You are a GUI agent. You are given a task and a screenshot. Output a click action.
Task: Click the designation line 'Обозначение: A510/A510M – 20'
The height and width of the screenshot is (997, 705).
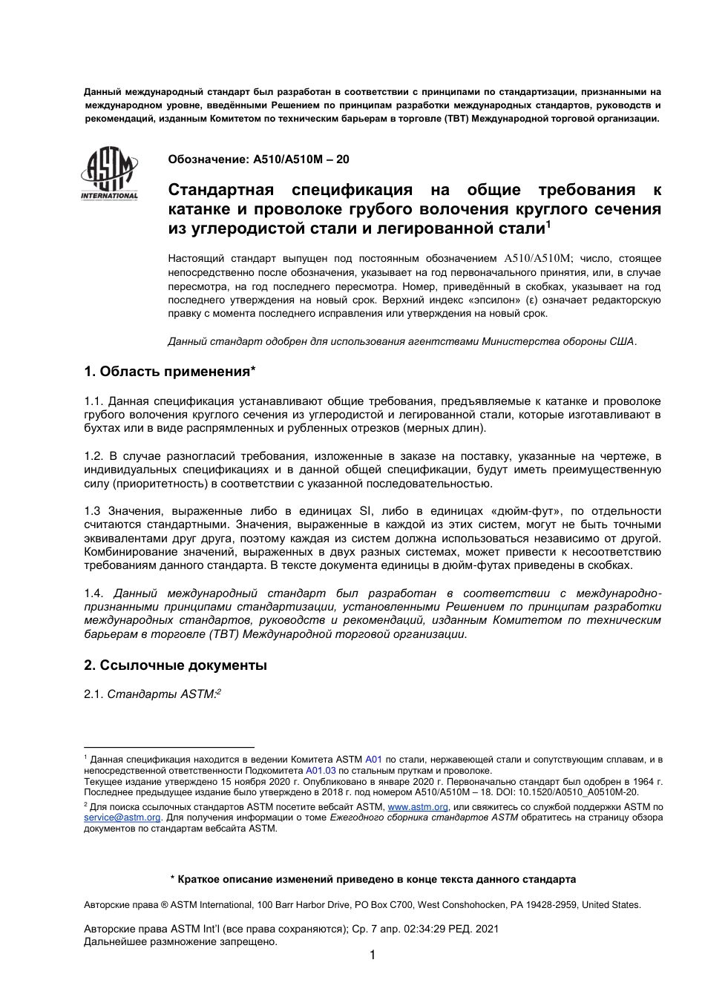coord(258,159)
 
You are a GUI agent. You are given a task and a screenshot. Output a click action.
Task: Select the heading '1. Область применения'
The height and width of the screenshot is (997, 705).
coord(170,371)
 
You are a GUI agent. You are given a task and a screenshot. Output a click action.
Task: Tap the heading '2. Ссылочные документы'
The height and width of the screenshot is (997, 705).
coord(175,665)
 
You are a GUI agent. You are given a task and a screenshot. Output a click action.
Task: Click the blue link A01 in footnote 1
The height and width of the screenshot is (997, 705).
coord(373,760)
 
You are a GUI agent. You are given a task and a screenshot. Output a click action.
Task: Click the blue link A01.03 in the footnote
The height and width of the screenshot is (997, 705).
coord(321,771)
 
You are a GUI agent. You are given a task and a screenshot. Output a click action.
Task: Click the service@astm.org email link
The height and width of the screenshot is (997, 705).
coord(122,817)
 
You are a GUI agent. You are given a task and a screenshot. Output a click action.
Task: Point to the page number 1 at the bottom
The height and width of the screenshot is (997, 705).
coord(373,955)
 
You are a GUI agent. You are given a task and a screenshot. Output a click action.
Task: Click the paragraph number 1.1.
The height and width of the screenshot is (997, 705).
coord(94,401)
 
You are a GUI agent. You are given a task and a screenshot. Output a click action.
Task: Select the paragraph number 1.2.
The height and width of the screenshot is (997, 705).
coord(94,456)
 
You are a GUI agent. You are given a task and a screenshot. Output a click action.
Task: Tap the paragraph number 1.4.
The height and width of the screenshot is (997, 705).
coord(94,593)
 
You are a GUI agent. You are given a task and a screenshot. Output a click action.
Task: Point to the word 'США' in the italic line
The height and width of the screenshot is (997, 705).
coord(622,341)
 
